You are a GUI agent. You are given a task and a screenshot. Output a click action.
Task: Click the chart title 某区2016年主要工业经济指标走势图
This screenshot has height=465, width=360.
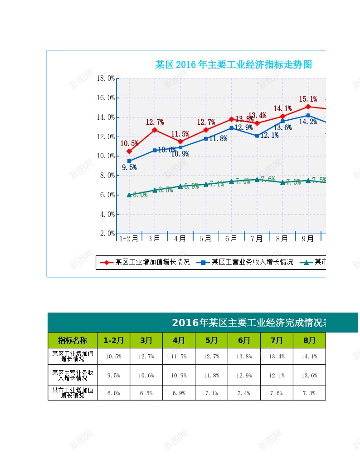tap(234, 64)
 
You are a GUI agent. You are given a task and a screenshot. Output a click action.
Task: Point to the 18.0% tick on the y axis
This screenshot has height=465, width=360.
tap(106, 78)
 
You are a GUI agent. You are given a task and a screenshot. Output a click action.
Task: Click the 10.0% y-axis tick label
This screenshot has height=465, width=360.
tap(106, 156)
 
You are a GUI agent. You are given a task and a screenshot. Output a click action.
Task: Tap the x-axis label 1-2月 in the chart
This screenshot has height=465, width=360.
tap(129, 238)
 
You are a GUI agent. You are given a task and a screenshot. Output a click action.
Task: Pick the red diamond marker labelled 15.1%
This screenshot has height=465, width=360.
tap(308, 107)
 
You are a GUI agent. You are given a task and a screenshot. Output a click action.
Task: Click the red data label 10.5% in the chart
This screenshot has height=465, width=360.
tap(129, 143)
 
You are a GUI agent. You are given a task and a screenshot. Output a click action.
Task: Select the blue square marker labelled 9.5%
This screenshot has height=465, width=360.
tap(129, 161)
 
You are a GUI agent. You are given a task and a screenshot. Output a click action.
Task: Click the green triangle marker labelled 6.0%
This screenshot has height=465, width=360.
tap(129, 195)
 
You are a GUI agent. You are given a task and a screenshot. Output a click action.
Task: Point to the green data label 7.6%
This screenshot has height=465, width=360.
tap(268, 179)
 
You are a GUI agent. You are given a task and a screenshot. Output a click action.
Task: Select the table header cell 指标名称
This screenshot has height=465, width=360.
tap(73, 340)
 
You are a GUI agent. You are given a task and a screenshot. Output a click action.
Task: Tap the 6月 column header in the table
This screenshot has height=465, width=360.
tap(244, 340)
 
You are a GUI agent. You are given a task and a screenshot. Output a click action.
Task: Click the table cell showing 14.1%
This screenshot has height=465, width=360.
tap(309, 357)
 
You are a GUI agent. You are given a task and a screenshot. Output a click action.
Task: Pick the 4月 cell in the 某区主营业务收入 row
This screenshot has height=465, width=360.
tap(179, 375)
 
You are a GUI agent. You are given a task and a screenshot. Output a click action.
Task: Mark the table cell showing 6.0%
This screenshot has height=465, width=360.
tap(113, 393)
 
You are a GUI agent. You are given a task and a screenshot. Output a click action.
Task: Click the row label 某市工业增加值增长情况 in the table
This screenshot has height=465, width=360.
tap(73, 393)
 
